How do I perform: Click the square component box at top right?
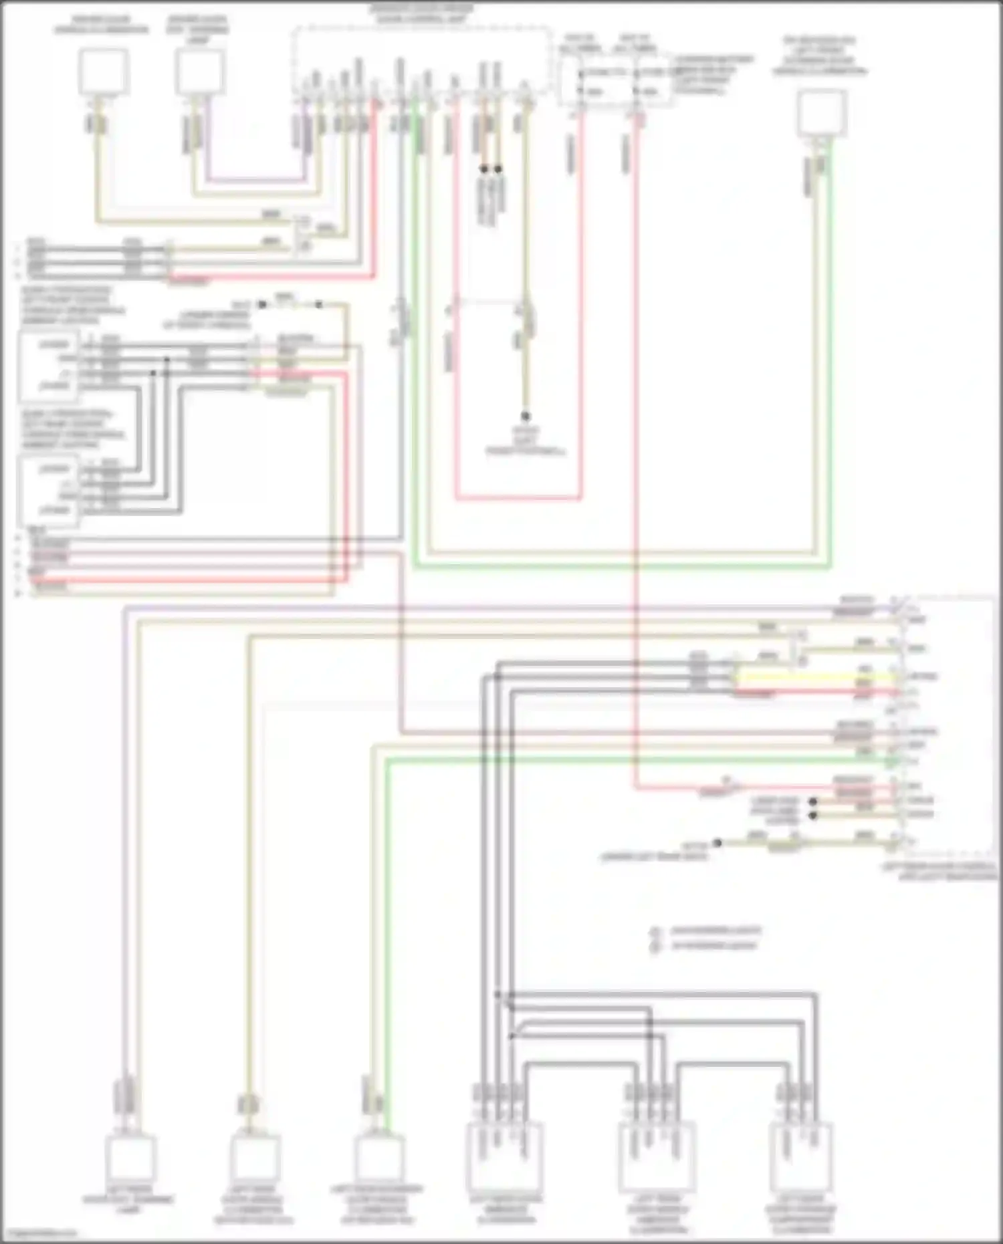822,112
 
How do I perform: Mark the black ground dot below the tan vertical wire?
526,416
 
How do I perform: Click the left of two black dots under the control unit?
484,169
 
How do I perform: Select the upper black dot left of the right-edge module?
813,801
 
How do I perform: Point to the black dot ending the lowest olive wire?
717,843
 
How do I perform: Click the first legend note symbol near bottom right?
656,931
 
